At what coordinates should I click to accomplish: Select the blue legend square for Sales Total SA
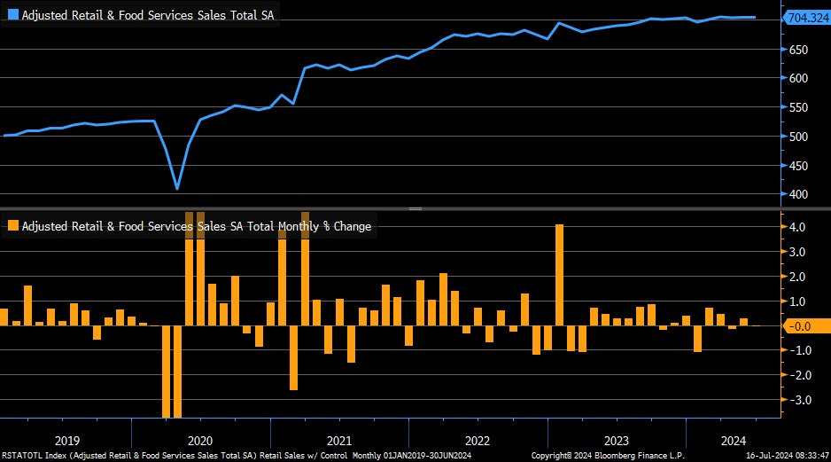click(x=12, y=15)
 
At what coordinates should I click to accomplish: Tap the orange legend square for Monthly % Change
click(x=12, y=226)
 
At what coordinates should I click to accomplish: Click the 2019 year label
click(x=68, y=440)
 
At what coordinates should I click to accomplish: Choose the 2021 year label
click(x=339, y=440)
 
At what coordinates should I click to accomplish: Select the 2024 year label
click(x=732, y=440)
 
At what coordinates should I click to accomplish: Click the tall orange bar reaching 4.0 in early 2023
click(x=560, y=276)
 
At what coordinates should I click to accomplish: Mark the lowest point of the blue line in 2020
click(x=177, y=189)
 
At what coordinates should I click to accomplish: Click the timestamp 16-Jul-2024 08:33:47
click(x=786, y=455)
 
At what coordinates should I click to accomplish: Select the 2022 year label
click(x=477, y=440)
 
